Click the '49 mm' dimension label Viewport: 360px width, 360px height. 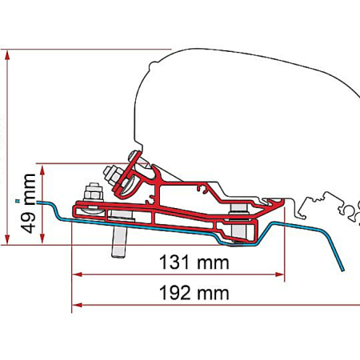[x=30, y=203]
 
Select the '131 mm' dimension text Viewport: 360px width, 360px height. [x=194, y=262]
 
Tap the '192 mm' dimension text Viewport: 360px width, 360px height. [x=194, y=293]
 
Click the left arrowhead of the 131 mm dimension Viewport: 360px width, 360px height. [x=77, y=274]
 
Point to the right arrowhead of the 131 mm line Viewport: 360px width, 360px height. [x=280, y=274]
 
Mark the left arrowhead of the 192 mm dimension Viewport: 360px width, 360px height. [x=77, y=305]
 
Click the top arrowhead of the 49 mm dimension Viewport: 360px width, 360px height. [x=42, y=170]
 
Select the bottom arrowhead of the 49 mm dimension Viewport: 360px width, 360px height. [x=42, y=239]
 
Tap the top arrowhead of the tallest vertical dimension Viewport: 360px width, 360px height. [x=7, y=55]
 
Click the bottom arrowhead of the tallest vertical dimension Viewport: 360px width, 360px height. [x=7, y=239]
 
